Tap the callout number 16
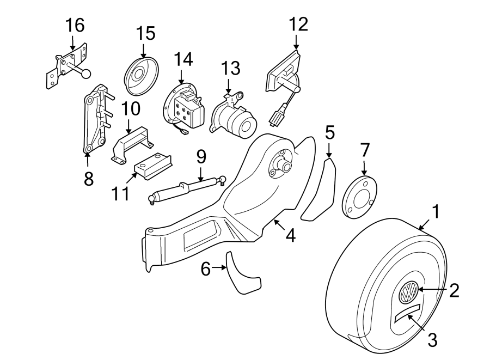coord(75,25)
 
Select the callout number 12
coord(298,23)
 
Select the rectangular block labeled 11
coord(154,164)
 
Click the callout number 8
coord(89,178)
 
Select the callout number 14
coord(183,59)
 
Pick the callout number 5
coord(329,132)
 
